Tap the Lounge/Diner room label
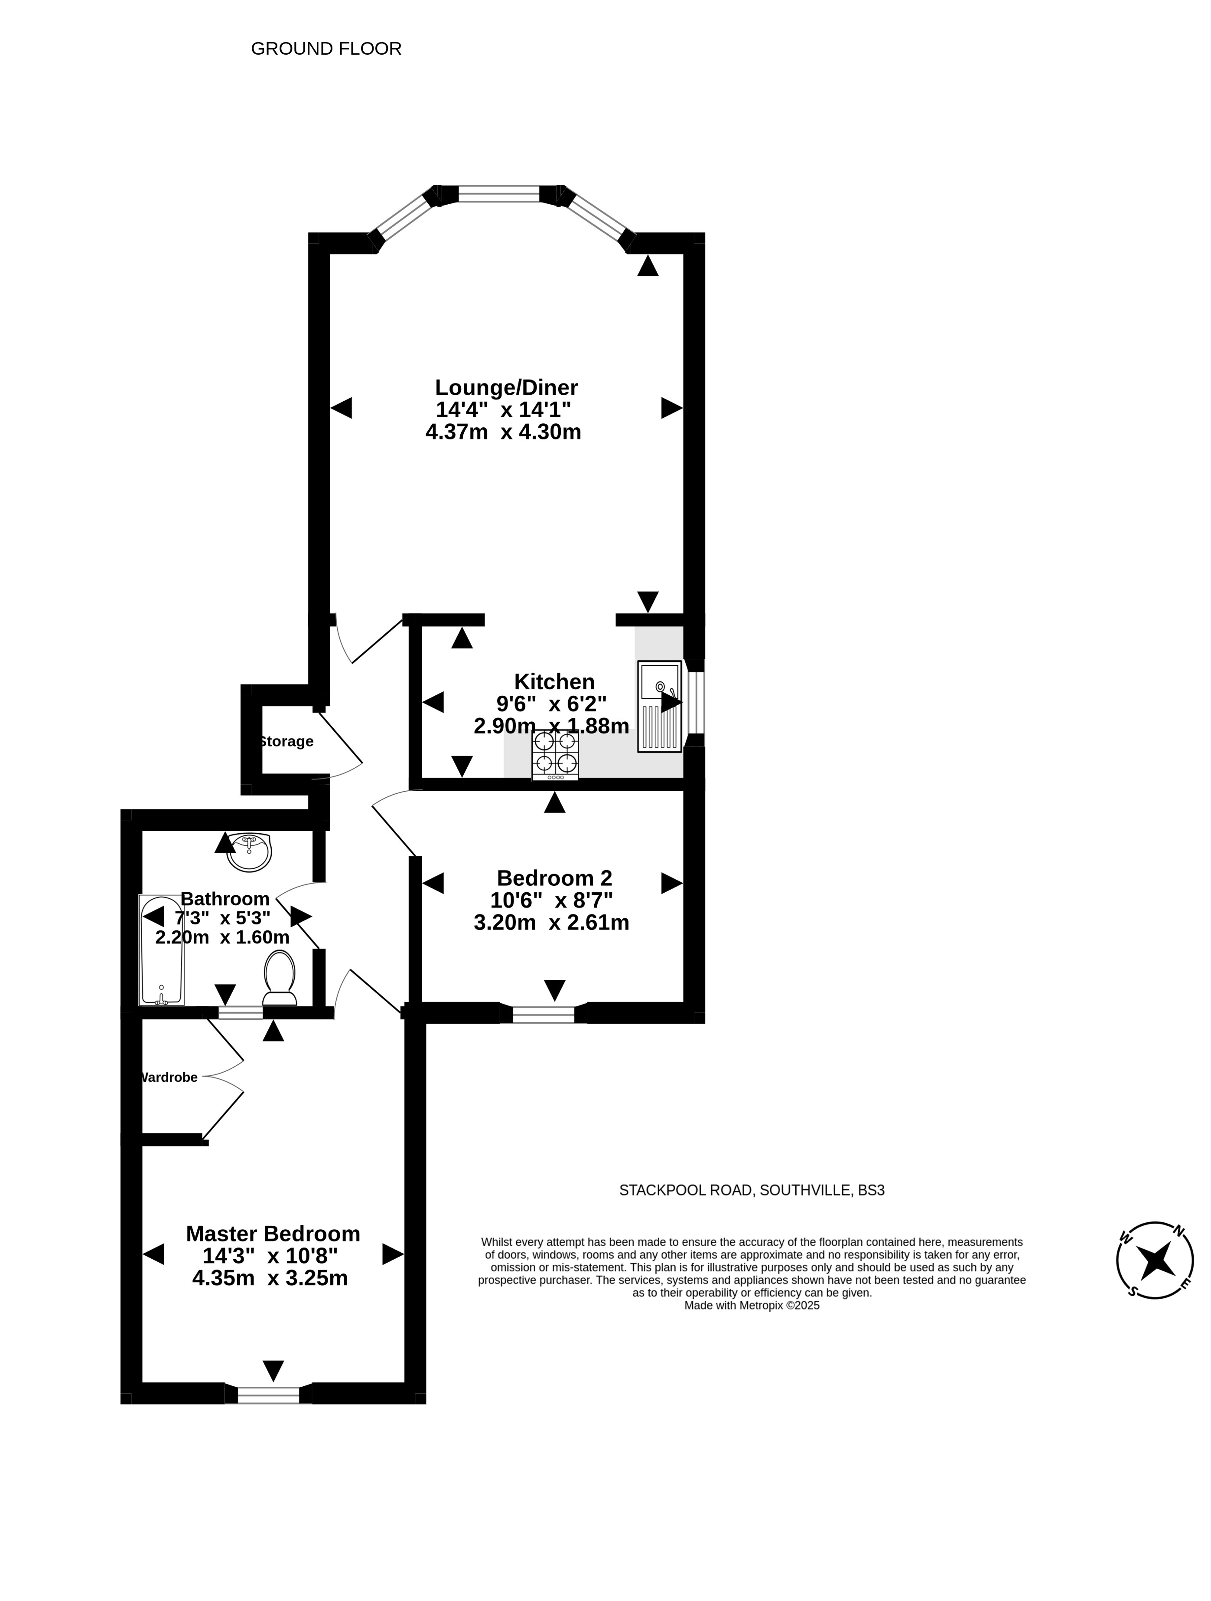[x=506, y=388]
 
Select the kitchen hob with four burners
[x=555, y=755]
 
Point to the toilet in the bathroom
[x=280, y=978]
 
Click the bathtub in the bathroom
[x=161, y=950]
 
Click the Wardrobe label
[x=169, y=1077]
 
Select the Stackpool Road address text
[x=752, y=1190]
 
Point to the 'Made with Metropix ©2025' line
[x=752, y=1306]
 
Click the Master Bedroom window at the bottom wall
[x=268, y=1395]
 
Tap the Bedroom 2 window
[x=543, y=1014]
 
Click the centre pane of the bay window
[x=499, y=194]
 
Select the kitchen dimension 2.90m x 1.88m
[x=551, y=726]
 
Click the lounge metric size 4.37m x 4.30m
[x=504, y=432]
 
